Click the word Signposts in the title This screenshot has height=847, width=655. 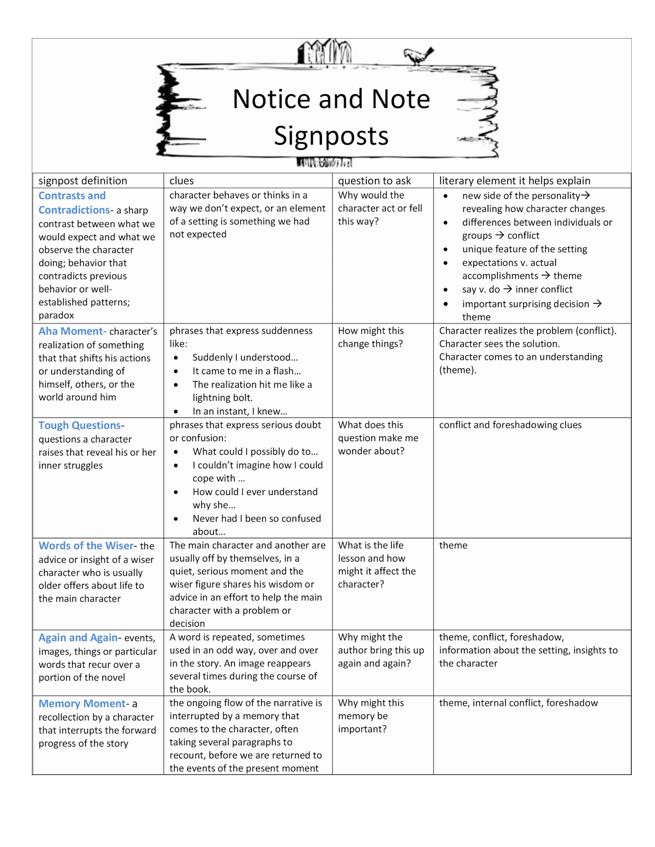tap(331, 136)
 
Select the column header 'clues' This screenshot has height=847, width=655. tap(182, 181)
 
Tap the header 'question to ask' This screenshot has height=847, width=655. tap(374, 181)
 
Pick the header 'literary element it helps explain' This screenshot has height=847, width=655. tap(514, 181)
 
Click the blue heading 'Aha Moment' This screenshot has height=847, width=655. tap(72, 331)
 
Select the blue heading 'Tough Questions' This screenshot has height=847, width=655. tap(80, 426)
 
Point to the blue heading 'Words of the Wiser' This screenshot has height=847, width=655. tap(86, 546)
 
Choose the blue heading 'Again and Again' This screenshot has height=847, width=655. tap(78, 638)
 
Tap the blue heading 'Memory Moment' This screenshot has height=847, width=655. tap(82, 704)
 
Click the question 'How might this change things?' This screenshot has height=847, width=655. tap(371, 337)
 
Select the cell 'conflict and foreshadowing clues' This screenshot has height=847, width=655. tap(510, 425)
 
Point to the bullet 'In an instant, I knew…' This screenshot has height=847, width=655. tap(240, 411)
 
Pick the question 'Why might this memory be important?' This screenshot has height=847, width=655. tap(371, 716)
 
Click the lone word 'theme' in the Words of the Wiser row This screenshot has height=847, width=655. tap(453, 545)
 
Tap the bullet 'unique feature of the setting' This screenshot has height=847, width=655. tap(524, 249)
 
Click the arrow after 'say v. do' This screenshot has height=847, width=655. tap(507, 289)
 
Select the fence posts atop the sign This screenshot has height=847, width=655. tap(324, 52)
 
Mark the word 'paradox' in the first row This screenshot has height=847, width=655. tap(56, 316)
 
